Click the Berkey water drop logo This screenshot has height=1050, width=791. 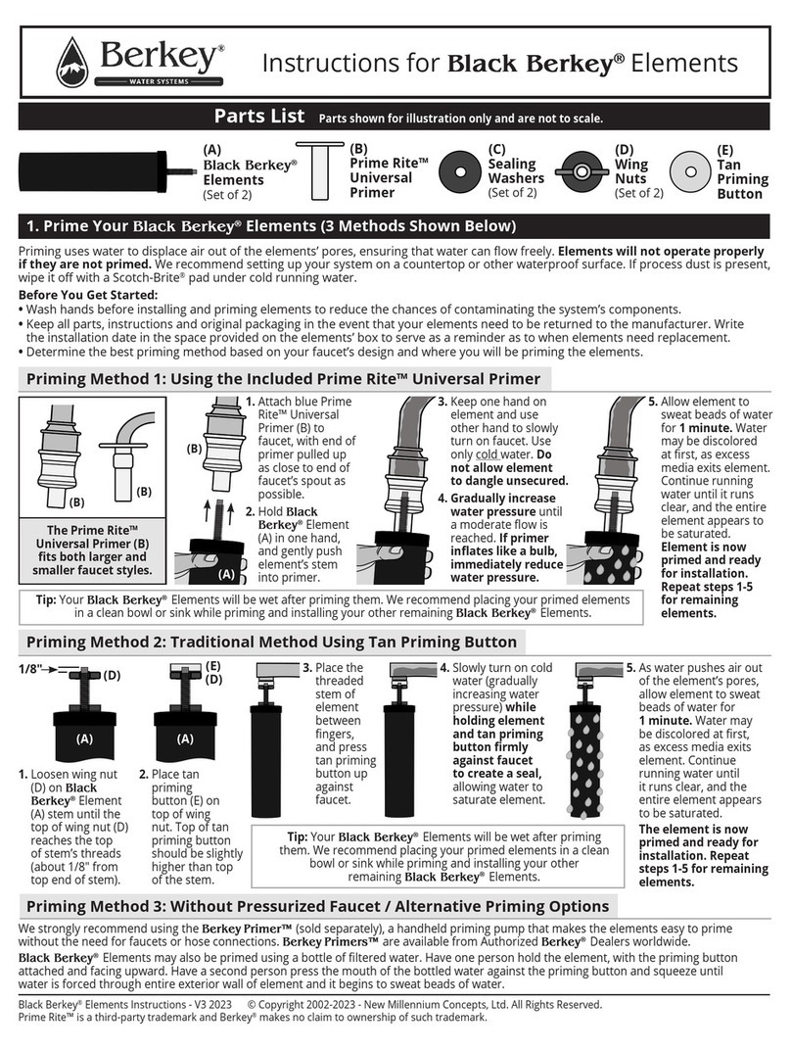(72, 61)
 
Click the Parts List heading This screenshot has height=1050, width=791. (259, 118)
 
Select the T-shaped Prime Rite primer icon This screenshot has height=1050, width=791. (318, 170)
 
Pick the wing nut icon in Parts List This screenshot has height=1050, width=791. (583, 171)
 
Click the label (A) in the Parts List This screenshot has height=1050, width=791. (211, 150)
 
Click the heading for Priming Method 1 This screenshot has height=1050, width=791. (282, 379)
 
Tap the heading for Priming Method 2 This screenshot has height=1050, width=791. (270, 643)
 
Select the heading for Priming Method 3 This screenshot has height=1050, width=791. (318, 906)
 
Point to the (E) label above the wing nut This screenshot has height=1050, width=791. (212, 665)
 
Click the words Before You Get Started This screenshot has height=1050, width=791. (88, 295)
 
